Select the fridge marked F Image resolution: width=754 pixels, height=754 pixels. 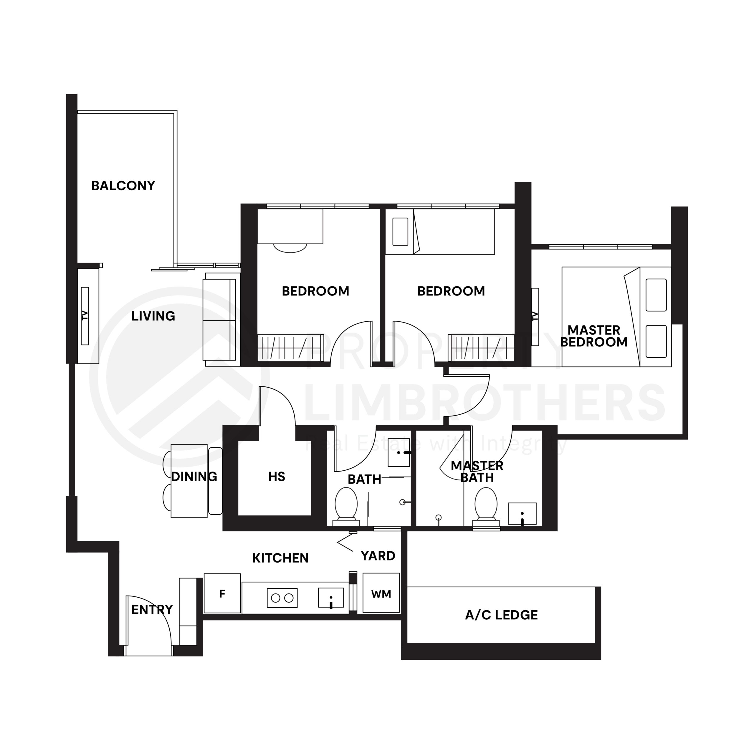(x=222, y=593)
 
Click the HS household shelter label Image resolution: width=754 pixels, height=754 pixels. (x=276, y=477)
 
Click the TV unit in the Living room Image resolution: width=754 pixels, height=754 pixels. (x=85, y=316)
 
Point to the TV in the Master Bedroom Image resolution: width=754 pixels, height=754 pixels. (x=535, y=317)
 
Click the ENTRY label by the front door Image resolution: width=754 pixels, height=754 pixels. (x=152, y=610)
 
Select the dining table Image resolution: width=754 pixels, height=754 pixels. (x=189, y=481)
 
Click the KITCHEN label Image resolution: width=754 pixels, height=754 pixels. (x=280, y=558)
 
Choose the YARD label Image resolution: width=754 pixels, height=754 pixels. (x=378, y=556)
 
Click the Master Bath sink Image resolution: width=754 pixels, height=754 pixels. (x=522, y=514)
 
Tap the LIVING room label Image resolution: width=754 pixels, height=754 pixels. (x=153, y=316)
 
